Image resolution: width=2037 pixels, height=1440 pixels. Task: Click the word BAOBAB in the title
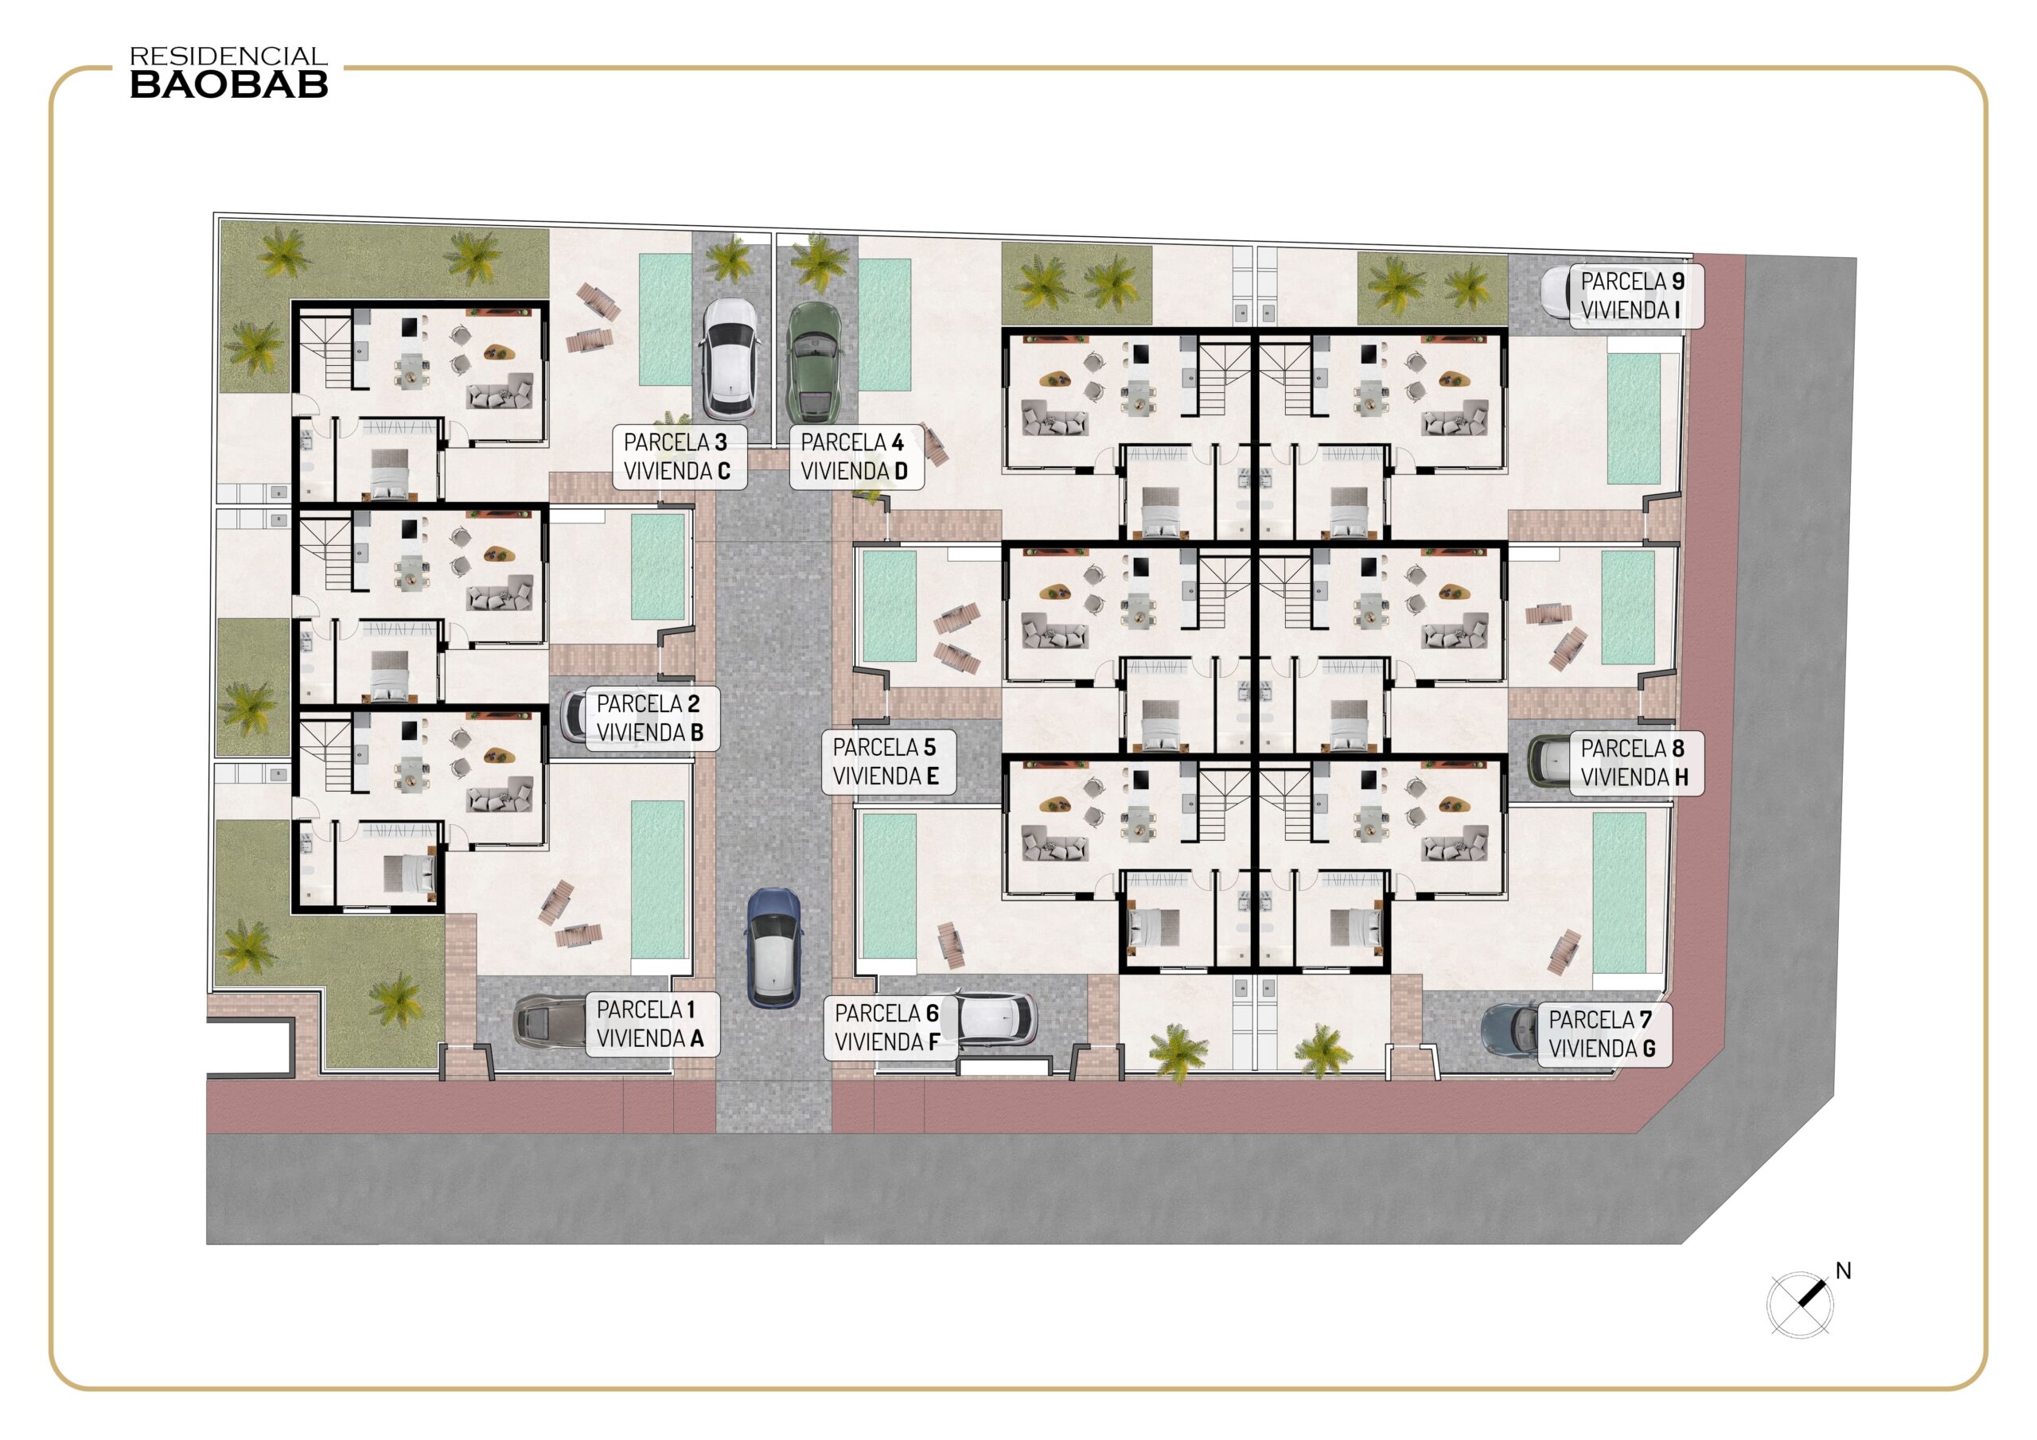tap(229, 84)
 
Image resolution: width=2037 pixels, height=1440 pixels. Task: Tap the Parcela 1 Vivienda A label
tap(652, 1025)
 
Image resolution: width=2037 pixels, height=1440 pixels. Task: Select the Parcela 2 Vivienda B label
tap(652, 718)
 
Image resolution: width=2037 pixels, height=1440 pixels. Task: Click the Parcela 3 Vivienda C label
tap(679, 457)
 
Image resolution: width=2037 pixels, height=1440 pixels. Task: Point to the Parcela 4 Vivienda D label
tap(856, 457)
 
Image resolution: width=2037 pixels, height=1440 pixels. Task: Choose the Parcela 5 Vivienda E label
tap(888, 762)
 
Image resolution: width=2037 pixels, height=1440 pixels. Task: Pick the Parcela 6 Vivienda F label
tap(890, 1029)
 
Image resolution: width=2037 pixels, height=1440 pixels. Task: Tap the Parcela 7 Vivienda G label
tap(1605, 1034)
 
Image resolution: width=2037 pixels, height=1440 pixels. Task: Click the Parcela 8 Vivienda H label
tap(1637, 763)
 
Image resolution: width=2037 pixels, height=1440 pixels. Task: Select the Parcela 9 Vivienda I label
tap(1637, 296)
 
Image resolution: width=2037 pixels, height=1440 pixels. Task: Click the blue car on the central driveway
tap(774, 948)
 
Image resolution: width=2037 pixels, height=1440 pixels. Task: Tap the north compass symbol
tap(1799, 1304)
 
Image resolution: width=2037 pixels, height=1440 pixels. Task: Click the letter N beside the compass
tap(1844, 1271)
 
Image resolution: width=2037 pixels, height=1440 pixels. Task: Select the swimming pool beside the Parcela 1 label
tap(657, 880)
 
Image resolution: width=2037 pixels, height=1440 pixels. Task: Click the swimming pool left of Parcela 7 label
tap(1619, 893)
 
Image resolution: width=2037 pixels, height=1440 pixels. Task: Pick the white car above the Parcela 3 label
tap(730, 359)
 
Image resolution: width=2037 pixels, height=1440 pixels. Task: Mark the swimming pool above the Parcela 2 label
tap(657, 566)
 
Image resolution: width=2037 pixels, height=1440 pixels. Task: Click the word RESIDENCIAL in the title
tap(229, 56)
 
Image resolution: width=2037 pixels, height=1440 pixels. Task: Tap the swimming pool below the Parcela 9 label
tap(1634, 418)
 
